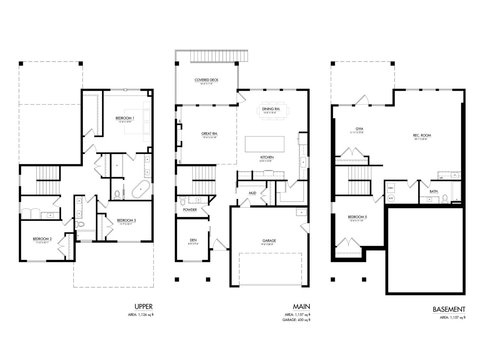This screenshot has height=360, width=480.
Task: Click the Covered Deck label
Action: [206, 80]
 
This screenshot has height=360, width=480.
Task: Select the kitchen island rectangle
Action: [265, 144]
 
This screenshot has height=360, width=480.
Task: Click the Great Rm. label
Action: [209, 134]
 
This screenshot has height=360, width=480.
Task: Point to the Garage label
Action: [269, 241]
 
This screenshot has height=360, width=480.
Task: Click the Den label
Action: [193, 240]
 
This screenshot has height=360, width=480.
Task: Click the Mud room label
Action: [252, 193]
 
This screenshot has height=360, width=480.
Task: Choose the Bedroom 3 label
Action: [126, 220]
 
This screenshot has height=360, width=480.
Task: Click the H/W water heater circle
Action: [391, 198]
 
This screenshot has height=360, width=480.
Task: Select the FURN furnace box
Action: [391, 188]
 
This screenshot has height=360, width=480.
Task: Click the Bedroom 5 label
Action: [357, 217]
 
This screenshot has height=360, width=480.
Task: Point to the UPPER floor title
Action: [143, 307]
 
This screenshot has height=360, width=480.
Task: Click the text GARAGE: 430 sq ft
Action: [296, 320]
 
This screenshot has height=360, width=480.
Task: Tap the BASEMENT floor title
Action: [449, 309]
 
